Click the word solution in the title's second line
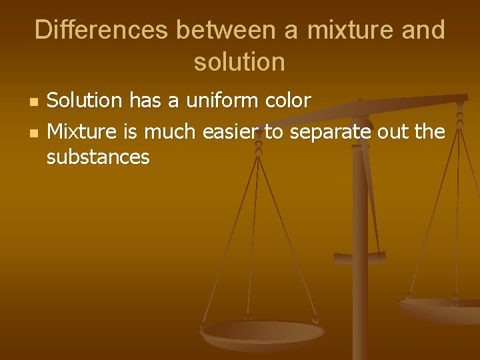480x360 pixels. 239,62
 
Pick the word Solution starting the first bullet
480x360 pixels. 85,101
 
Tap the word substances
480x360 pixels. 98,157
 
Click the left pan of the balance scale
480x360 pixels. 262,331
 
